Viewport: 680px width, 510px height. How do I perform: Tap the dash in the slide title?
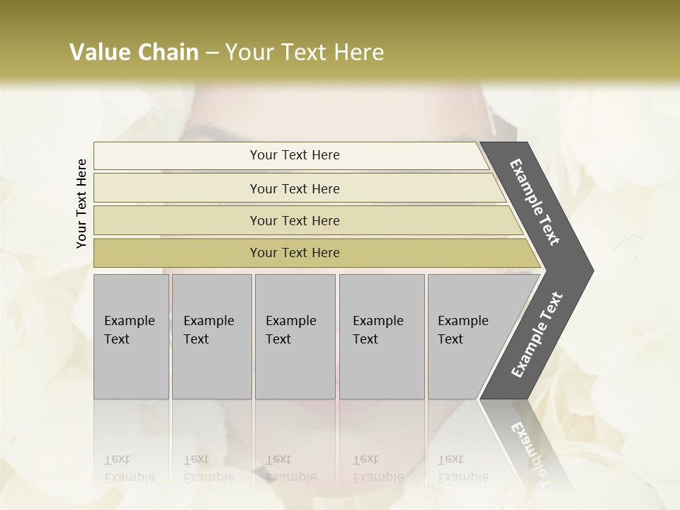[212, 53]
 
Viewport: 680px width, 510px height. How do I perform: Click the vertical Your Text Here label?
[81, 203]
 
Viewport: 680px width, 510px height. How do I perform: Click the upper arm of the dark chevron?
[535, 202]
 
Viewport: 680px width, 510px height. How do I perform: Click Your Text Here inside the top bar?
[295, 155]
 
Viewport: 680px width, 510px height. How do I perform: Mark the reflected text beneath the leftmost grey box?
[129, 467]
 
